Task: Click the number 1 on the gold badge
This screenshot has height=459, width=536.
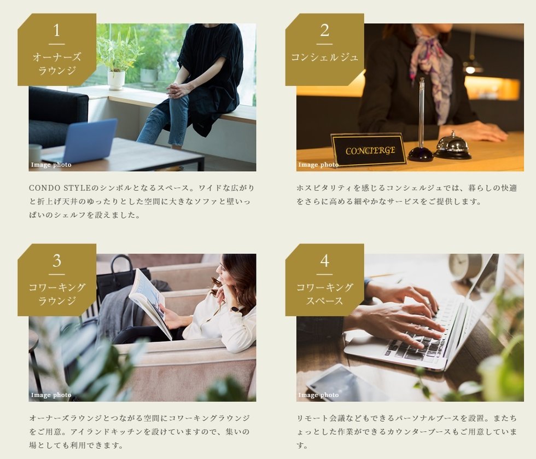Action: point(57,31)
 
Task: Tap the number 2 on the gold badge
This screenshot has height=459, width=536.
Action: point(324,31)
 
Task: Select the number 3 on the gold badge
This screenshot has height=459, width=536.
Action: point(57,260)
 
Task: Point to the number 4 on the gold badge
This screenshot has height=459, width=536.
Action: point(324,260)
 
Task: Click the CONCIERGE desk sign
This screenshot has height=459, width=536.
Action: point(369,149)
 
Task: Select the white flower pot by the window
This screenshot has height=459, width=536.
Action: point(116,79)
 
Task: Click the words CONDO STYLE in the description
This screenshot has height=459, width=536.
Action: point(60,188)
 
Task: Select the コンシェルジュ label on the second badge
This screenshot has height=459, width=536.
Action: point(324,57)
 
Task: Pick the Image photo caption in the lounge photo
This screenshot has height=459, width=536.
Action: point(51,165)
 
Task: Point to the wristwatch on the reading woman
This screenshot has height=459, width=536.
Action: point(235,309)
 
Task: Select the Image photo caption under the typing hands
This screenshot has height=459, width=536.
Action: point(318,395)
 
